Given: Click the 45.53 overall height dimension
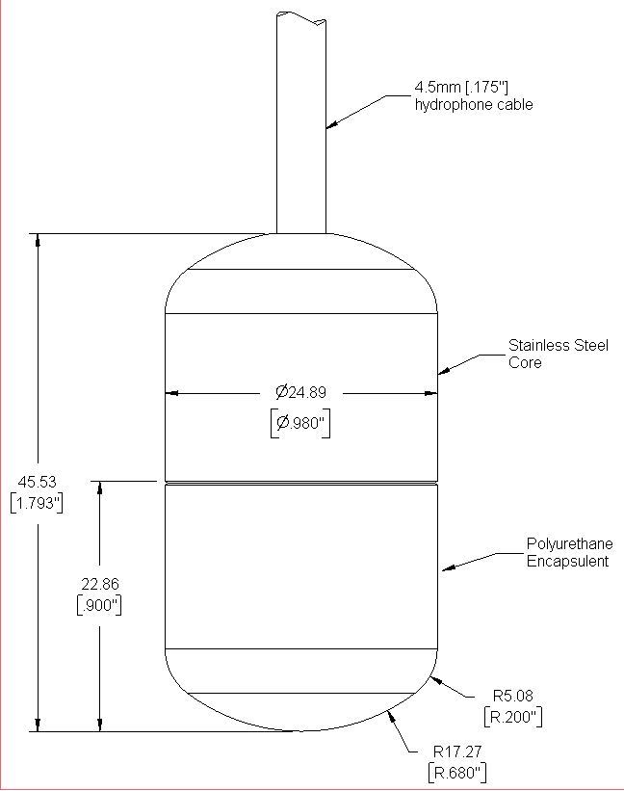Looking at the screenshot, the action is coord(38,482).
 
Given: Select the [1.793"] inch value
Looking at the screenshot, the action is coord(37,503).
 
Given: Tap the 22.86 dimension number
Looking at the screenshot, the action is coord(100,584).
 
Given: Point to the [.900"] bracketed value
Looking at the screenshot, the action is coord(99,605).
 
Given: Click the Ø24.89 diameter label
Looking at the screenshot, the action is coord(300,392).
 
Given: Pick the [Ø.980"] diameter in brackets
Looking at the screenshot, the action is coord(300,423).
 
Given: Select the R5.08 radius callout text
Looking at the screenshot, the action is coord(512,696).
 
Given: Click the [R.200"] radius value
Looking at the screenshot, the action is coord(513,717).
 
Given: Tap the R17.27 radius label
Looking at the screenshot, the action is coord(457,751).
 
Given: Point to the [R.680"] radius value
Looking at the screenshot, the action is coord(457,773).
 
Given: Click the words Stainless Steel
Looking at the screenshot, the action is coord(558,345).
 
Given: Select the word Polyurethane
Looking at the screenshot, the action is coord(569,543).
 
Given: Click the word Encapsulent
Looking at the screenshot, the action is coord(567,561).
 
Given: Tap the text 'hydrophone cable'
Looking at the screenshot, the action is coord(474,104).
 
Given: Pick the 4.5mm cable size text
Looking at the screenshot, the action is coord(436,88).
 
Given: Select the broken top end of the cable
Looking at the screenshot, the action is coord(301,17).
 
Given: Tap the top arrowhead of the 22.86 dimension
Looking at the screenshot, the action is coord(100,488).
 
